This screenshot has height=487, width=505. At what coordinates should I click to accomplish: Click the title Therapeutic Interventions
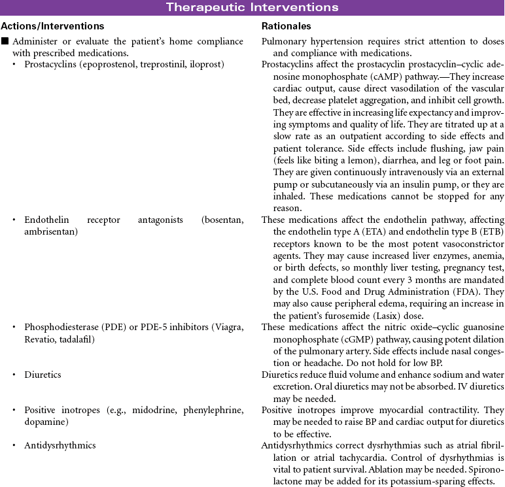coord(252,8)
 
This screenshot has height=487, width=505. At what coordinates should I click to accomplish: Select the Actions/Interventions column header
coord(52,26)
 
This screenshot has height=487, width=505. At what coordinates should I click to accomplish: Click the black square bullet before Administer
coord(5,42)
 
